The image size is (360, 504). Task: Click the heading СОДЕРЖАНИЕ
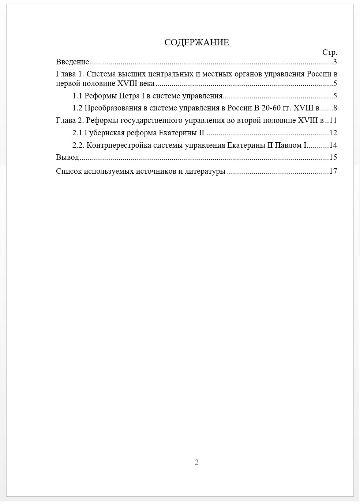pyautogui.click(x=196, y=42)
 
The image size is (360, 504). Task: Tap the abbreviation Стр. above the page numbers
pyautogui.click(x=330, y=52)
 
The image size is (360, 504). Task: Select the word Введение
pyautogui.click(x=72, y=62)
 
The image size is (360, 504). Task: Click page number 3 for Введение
pyautogui.click(x=335, y=62)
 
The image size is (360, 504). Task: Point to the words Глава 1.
pyautogui.click(x=70, y=74)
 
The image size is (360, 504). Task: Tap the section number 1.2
pyautogui.click(x=77, y=108)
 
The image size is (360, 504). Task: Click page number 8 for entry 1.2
pyautogui.click(x=335, y=108)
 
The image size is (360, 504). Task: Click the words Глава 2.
pyautogui.click(x=70, y=120)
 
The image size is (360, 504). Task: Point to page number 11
pyautogui.click(x=333, y=120)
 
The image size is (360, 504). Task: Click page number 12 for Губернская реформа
pyautogui.click(x=333, y=132)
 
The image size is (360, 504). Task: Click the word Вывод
pyautogui.click(x=67, y=157)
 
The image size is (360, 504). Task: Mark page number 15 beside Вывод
pyautogui.click(x=333, y=157)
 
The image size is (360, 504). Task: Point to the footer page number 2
pyautogui.click(x=196, y=462)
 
